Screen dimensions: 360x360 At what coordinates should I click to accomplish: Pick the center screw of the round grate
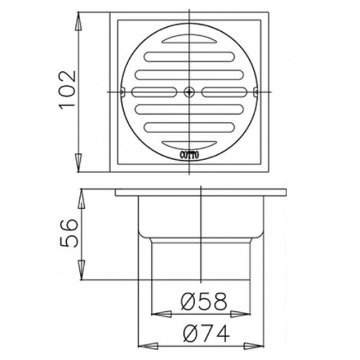189,91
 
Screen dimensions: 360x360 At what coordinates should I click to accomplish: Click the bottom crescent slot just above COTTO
189,144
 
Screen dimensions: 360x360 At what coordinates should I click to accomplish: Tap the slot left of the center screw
154,91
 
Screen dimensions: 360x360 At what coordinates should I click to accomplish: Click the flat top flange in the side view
201,193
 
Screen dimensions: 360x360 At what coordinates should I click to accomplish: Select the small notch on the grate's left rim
123,91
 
